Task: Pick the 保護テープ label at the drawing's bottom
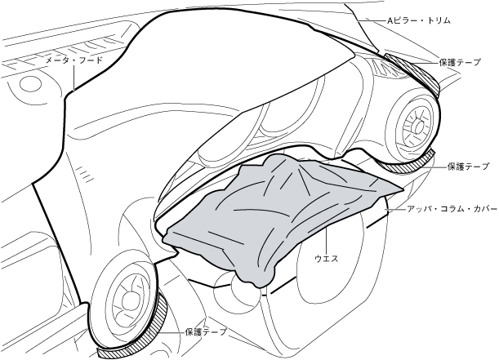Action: (206, 332)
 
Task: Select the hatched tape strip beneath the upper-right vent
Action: (408, 165)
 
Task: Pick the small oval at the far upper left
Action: (30, 83)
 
